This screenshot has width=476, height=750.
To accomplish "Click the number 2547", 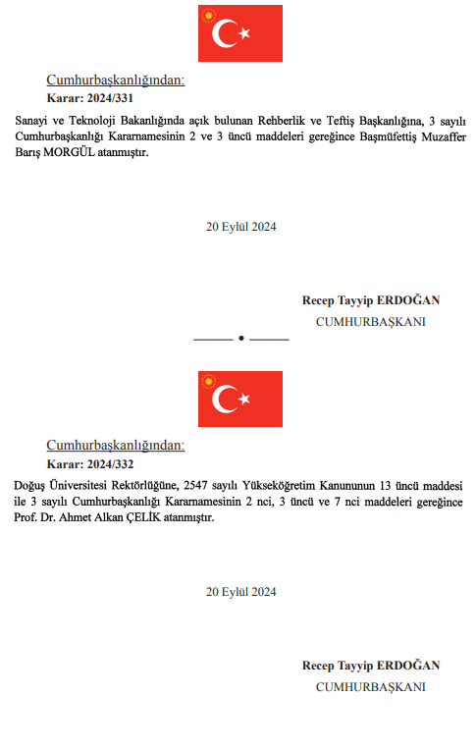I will pos(213,485).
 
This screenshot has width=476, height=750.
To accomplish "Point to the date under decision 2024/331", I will pos(240,227).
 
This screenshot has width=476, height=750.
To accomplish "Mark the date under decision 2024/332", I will pos(240,592).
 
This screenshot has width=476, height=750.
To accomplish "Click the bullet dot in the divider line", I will pos(240,339).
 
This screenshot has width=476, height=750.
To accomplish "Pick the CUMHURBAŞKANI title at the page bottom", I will pos(370,686).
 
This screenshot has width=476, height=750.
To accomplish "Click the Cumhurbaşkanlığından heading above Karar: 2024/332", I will pos(115,446).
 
